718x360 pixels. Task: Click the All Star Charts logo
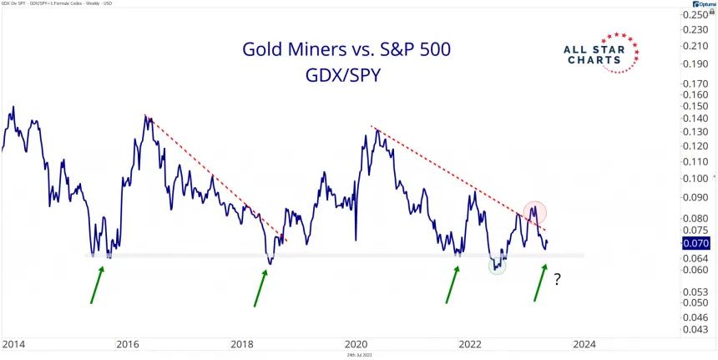tap(602, 53)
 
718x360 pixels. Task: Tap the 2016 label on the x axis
tap(127, 343)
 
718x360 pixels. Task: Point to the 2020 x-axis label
tap(356, 343)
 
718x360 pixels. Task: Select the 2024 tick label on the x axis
tap(584, 343)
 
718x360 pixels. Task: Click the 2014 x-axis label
tap(13, 343)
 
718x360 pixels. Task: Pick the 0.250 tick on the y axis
tap(695, 15)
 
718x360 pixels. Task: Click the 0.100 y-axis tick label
tap(695, 179)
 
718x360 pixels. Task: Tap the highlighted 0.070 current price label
tap(695, 243)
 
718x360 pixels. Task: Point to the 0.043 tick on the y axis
tap(695, 331)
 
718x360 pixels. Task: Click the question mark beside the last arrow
tap(557, 281)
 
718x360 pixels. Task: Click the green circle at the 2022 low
tap(498, 266)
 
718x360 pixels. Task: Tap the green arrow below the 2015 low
tap(97, 284)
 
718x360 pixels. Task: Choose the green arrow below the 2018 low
tap(259, 286)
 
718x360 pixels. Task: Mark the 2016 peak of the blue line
tap(147, 117)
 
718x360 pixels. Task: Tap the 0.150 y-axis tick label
tap(695, 106)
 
